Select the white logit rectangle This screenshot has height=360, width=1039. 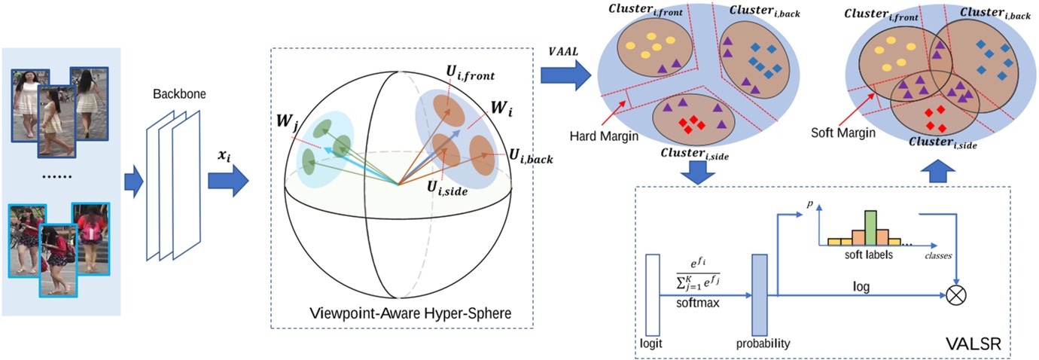click(x=652, y=294)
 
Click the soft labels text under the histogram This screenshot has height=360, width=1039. click(x=868, y=255)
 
